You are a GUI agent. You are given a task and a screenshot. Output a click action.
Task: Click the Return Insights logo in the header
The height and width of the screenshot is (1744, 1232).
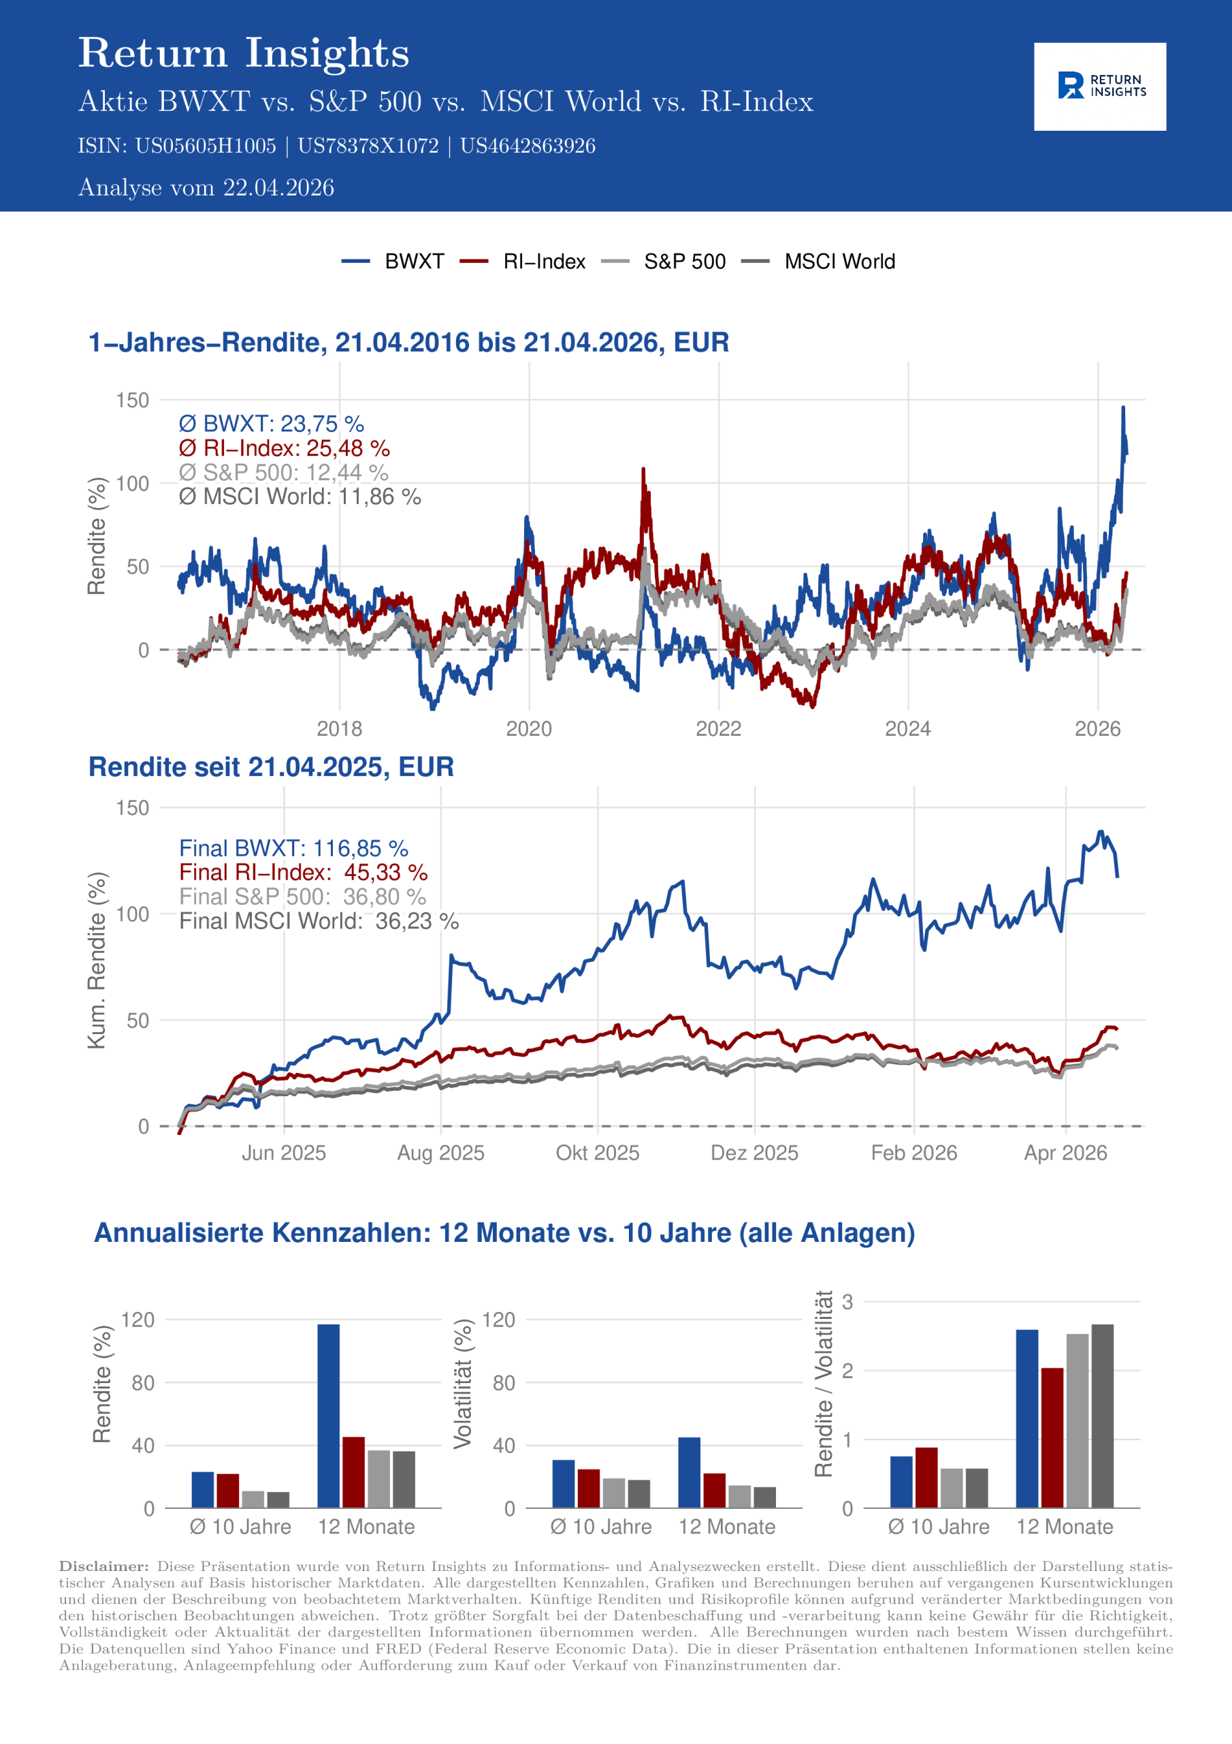point(1099,86)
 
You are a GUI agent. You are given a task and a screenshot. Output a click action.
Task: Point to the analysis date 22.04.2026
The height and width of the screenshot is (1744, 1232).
point(278,187)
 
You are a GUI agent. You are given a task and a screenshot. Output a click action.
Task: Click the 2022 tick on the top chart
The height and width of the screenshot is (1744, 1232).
point(718,728)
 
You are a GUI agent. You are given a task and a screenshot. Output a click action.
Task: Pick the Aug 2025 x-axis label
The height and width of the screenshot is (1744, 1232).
point(440,1153)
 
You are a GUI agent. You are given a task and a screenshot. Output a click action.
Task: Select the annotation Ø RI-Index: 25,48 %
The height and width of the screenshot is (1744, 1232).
point(284,448)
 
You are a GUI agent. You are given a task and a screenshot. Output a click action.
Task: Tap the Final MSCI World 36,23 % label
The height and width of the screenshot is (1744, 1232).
point(319,920)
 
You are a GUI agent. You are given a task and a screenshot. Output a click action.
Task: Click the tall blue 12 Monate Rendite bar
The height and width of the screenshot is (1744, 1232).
point(329,1416)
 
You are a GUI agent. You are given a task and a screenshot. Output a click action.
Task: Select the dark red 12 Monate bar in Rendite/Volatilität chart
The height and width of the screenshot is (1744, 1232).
point(1052,1437)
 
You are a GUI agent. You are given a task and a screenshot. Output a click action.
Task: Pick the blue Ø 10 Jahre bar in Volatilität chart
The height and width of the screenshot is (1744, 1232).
point(563,1484)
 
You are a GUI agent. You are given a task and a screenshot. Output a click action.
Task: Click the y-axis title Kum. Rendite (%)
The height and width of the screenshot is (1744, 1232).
point(97,961)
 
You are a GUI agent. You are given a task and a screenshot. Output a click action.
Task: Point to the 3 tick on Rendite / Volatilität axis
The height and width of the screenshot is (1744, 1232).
point(847,1302)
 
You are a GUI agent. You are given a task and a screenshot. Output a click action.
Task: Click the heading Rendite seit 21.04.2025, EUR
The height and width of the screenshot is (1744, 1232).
point(271,767)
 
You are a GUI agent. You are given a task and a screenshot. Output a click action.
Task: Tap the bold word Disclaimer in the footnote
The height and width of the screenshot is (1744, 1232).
point(104,1566)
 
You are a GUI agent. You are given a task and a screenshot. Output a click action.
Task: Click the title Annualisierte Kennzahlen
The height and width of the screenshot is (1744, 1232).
point(504,1232)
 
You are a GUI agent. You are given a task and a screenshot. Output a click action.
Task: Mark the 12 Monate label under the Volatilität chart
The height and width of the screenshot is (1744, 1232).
point(726,1527)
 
